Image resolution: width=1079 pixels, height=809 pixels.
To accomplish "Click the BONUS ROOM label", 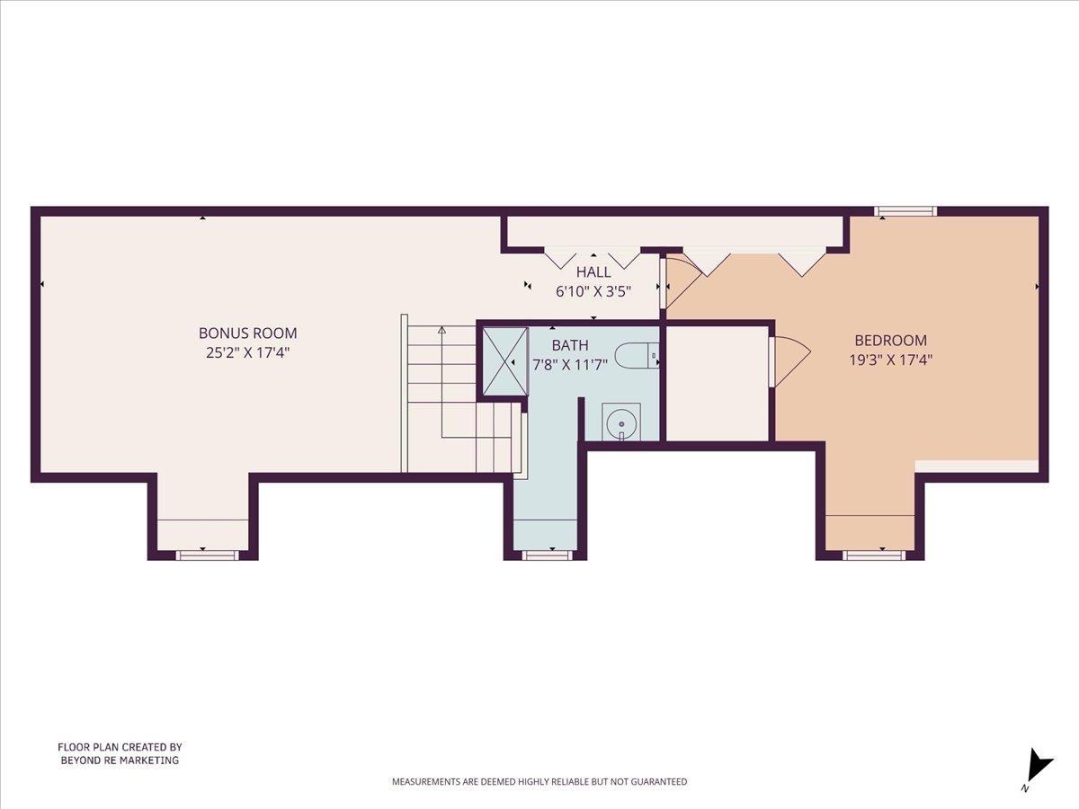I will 247,333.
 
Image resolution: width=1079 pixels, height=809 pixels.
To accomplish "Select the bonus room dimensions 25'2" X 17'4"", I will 247,353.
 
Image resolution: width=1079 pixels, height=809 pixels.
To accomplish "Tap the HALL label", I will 593,272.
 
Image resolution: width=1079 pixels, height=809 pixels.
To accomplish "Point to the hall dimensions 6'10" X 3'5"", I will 593,291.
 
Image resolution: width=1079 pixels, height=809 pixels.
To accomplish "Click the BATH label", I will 570,345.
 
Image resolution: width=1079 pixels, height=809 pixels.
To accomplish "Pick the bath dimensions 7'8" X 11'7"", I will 570,364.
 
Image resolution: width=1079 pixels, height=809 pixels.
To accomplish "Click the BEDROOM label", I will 890,341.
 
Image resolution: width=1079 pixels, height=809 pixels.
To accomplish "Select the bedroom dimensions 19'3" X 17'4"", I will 890,360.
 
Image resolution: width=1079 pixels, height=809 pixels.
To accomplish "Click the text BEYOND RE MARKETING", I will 120,760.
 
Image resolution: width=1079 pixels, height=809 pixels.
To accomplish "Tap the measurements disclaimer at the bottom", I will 539,782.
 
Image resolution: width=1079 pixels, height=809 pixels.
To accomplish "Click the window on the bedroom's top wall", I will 906,212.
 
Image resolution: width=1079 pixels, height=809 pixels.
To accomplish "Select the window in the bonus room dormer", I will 207,556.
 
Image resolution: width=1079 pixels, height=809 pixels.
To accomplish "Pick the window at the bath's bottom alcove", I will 547,556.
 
